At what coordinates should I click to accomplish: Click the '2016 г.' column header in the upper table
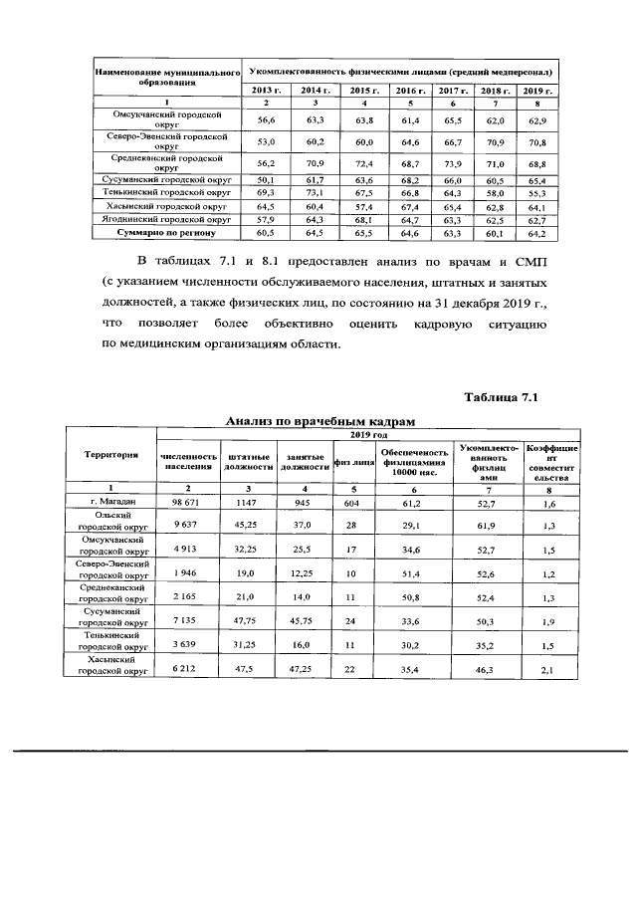(406, 92)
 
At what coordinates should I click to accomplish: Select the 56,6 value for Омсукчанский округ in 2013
(266, 119)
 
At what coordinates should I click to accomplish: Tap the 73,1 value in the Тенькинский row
(316, 192)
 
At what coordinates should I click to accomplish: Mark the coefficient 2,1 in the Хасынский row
(546, 671)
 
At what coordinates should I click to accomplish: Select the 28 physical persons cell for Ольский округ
(352, 525)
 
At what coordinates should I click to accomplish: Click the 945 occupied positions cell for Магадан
(304, 504)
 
